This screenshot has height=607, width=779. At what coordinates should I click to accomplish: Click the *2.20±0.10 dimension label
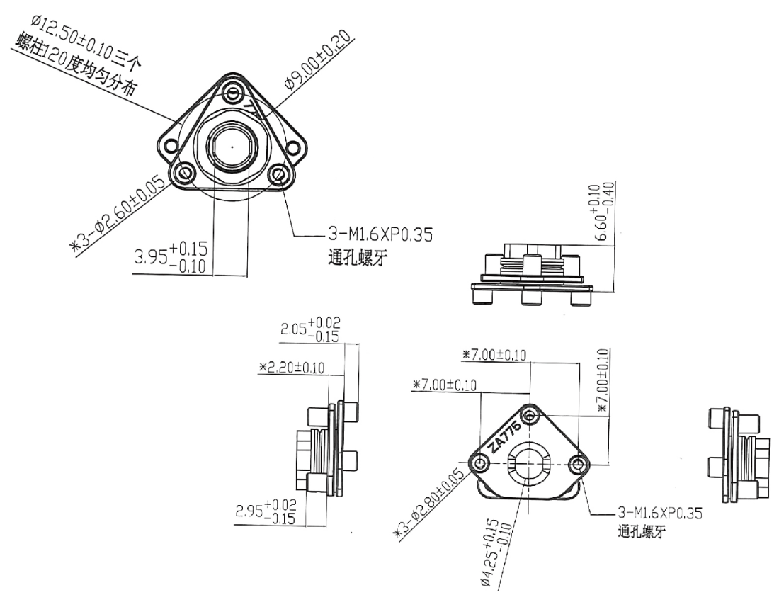coord(292,367)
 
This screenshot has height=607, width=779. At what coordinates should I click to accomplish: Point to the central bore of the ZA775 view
coord(530,465)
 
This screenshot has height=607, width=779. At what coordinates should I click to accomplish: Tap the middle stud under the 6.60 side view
coord(531,298)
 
